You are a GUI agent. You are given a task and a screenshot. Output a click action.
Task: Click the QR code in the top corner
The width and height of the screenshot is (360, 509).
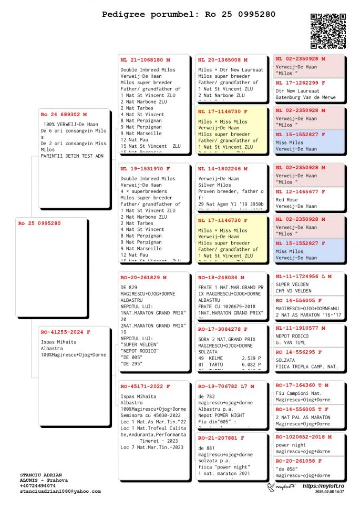click(328, 31)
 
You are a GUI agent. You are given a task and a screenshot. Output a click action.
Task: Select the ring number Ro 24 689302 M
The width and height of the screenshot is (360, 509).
click(64, 114)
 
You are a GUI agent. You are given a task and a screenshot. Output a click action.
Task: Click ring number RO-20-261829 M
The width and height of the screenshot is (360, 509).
click(143, 278)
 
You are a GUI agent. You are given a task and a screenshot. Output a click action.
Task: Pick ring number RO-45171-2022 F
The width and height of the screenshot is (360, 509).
click(145, 386)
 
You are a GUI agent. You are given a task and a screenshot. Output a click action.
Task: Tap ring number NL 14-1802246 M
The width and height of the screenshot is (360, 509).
click(223, 169)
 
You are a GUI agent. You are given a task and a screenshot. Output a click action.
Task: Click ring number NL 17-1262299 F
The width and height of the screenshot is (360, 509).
click(301, 83)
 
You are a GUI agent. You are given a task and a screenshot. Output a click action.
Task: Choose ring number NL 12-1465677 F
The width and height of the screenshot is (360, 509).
click(301, 192)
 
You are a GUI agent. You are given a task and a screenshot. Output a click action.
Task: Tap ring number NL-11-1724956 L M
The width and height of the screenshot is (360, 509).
click(304, 276)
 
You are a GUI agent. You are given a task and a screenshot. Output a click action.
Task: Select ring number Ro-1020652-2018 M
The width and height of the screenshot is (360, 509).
click(304, 436)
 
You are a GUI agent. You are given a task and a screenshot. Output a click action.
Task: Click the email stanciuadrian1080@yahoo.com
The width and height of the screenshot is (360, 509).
click(60, 491)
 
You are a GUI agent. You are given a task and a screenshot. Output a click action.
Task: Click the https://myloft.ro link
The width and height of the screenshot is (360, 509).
click(323, 486)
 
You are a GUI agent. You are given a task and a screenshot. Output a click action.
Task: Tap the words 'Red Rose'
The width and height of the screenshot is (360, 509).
click(287, 200)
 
